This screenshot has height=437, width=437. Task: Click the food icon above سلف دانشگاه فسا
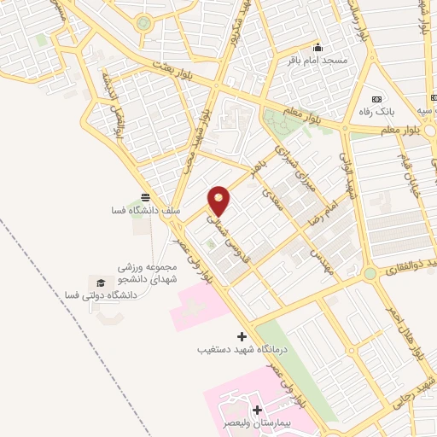click(146, 195)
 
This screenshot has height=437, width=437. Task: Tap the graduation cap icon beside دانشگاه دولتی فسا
click(101, 282)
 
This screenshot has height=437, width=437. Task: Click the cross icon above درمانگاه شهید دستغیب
click(242, 336)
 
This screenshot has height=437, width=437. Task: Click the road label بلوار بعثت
click(176, 66)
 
